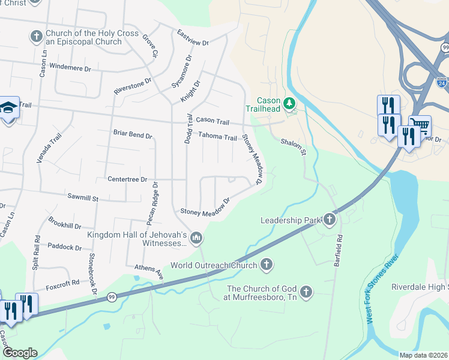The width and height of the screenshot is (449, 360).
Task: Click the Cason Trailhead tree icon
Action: pos(290,104)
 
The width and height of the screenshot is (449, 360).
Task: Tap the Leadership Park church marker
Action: pos(330,220)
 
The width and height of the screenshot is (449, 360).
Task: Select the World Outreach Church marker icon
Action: pos(267,265)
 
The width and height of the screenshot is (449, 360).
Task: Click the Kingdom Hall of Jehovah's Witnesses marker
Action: pos(197,239)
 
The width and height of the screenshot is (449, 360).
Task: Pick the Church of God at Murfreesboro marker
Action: pos(306,292)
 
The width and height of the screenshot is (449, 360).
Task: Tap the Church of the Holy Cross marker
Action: pos(36,37)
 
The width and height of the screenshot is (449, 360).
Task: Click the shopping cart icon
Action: pos(421,126)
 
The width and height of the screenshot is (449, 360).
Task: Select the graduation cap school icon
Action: pos(9,107)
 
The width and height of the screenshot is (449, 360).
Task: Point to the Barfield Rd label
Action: pos(339,245)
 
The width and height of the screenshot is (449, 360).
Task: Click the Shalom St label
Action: pos(294,146)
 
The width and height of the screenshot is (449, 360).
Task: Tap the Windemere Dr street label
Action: pos(70,68)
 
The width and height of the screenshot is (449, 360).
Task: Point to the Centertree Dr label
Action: pos(127,179)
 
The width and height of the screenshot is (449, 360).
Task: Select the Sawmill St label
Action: pos(83,197)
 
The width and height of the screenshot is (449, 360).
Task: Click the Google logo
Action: pos(19,353)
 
